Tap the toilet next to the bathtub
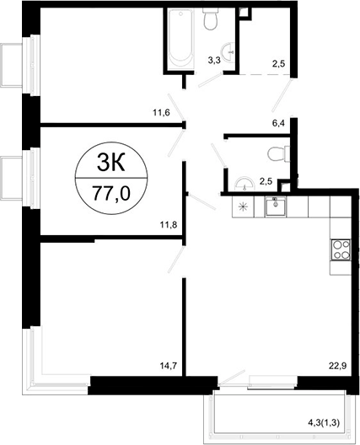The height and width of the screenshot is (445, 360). (x=214, y=20)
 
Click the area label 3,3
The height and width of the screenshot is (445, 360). (x=214, y=61)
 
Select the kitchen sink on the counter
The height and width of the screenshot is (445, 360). (x=275, y=205)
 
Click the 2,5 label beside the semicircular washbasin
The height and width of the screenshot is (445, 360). (x=266, y=179)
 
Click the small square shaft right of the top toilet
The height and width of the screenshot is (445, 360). (x=244, y=11)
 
